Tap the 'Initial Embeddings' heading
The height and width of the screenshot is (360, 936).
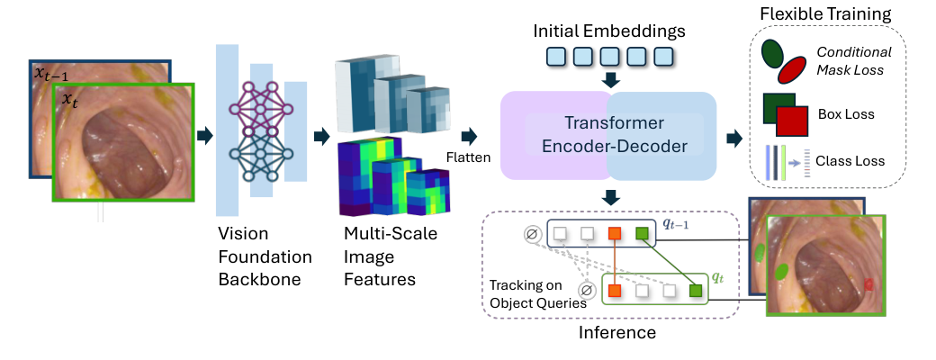pyautogui.click(x=608, y=31)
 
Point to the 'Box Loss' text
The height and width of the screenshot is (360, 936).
pyautogui.click(x=846, y=114)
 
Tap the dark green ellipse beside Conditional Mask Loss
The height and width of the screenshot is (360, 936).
pyautogui.click(x=772, y=54)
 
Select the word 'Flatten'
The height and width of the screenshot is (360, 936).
pyautogui.click(x=469, y=158)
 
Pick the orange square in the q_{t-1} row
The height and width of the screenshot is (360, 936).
pyautogui.click(x=616, y=235)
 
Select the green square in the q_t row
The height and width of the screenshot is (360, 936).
pyautogui.click(x=696, y=290)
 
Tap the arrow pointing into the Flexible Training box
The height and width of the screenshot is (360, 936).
pyautogui.click(x=734, y=138)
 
